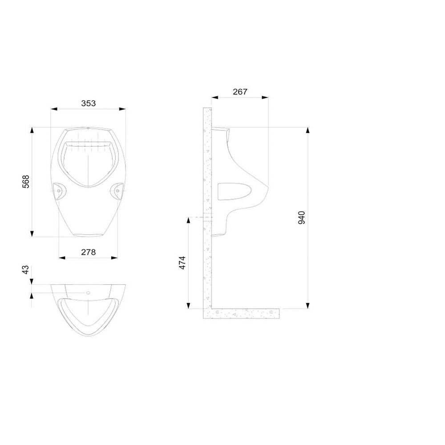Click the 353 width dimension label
(89, 103)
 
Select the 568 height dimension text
(26, 182)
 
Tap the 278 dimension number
(89, 252)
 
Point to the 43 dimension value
(25, 270)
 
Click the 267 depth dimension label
(240, 92)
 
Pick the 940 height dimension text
(302, 218)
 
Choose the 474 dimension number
(182, 263)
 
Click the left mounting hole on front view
(59, 191)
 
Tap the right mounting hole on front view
(117, 191)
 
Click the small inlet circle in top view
(88, 293)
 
